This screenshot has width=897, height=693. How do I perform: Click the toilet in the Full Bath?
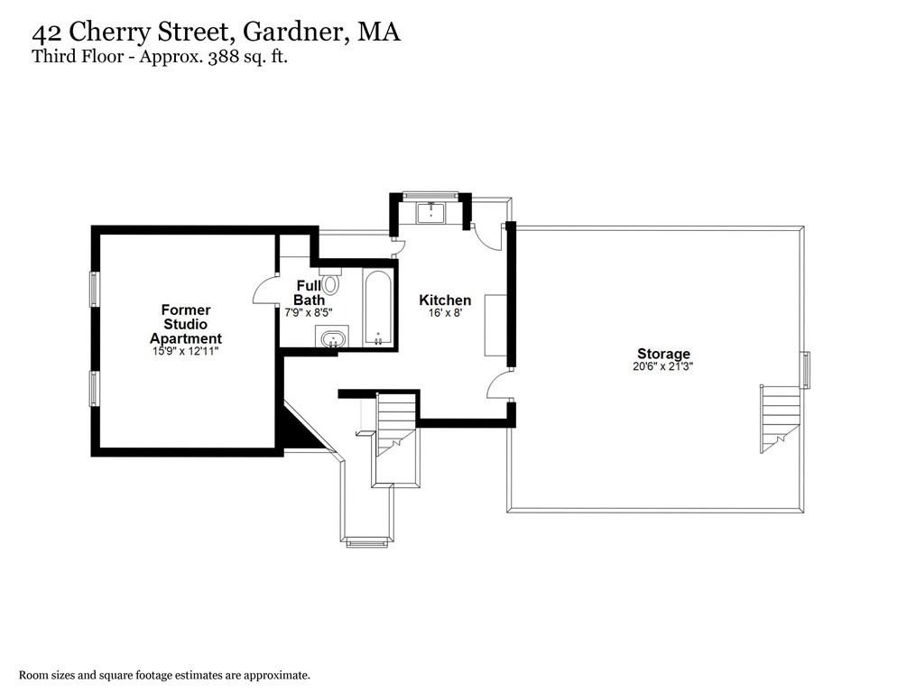click(x=330, y=282)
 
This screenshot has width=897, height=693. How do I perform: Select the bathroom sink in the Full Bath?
click(x=333, y=339)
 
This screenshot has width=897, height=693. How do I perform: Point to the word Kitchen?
click(x=445, y=300)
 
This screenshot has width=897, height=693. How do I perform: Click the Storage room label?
click(x=663, y=354)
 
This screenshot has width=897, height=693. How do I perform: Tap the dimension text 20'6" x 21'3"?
click(x=663, y=367)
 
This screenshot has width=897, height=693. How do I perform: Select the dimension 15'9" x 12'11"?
click(x=185, y=351)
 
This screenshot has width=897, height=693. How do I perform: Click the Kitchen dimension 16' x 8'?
click(x=445, y=313)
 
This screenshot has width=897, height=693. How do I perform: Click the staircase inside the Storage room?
click(x=781, y=417)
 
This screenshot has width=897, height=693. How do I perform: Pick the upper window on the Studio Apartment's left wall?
click(x=93, y=289)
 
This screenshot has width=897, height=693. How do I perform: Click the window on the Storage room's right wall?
click(x=807, y=370)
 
